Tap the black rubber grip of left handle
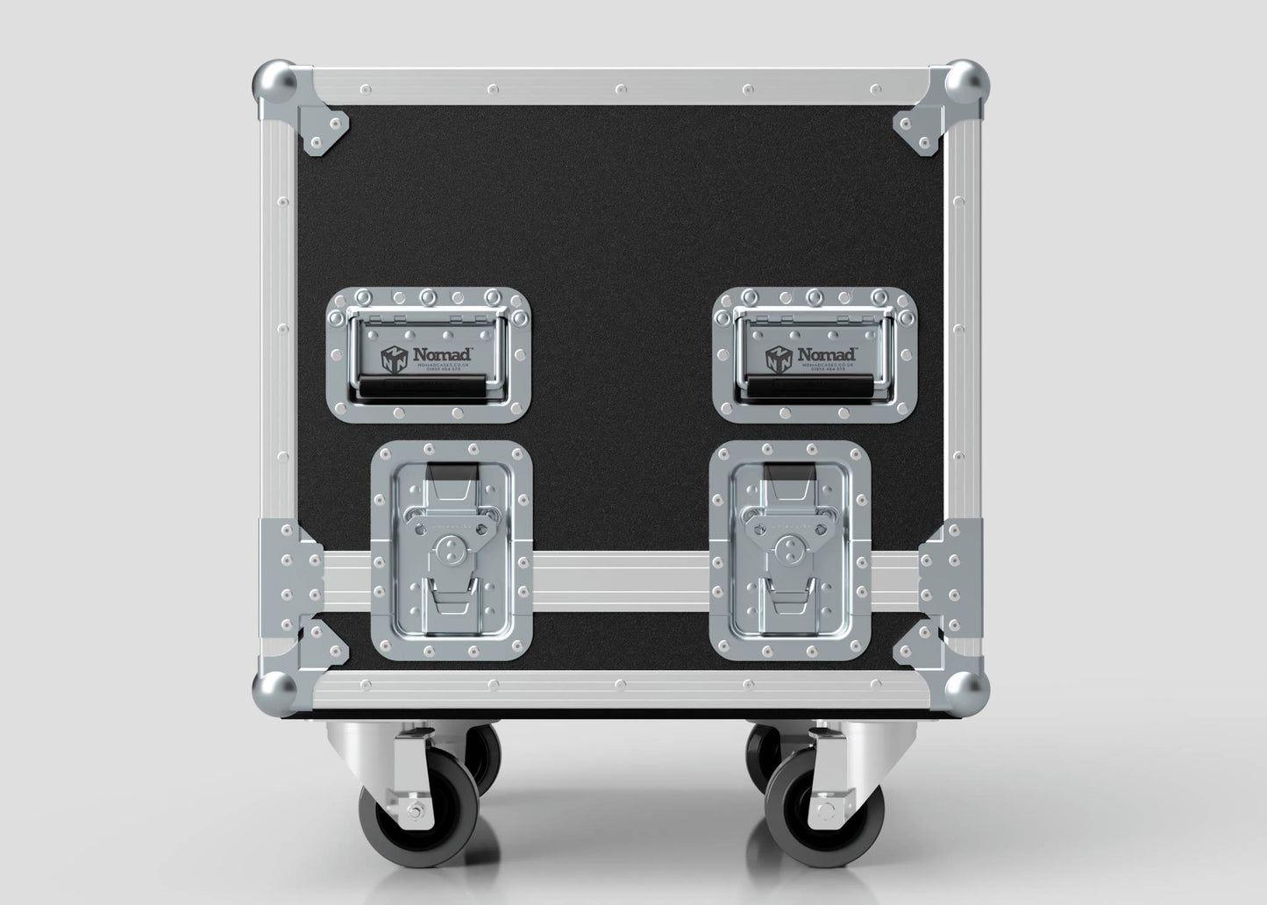428,387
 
